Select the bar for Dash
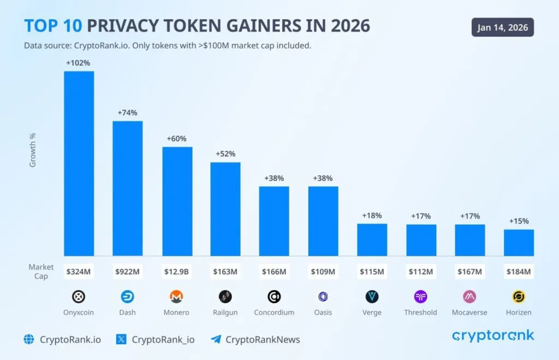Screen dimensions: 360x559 coord(127,188)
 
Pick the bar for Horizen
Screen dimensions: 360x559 coord(519,243)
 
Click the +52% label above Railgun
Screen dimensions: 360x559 coord(225,154)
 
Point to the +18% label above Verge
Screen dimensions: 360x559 coord(372,215)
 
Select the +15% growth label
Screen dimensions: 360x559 coord(519,221)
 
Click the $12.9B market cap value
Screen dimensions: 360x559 coord(176,272)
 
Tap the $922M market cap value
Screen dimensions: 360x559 coord(127,272)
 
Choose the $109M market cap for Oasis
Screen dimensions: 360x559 coord(323,272)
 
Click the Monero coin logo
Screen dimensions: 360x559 coord(176,297)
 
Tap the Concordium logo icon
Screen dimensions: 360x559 coord(274,297)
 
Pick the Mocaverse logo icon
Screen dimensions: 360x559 coord(469,297)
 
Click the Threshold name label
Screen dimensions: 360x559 coord(420,312)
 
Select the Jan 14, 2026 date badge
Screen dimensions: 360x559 coord(502,27)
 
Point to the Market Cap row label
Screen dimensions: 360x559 coord(41,272)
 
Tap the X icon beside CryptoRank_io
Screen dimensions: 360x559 coord(121,339)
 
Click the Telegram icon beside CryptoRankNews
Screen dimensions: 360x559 coord(216,339)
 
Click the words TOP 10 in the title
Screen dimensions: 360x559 coord(53,26)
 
